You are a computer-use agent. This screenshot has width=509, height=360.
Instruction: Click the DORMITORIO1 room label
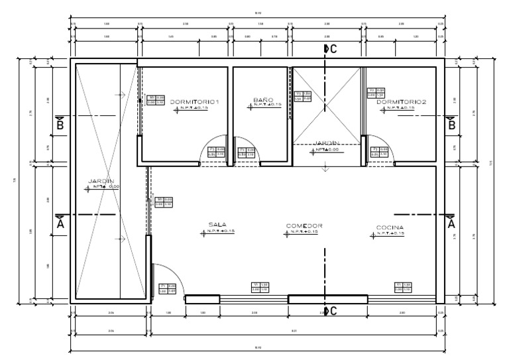[x=194, y=101]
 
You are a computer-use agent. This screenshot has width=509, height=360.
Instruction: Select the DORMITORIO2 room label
[x=401, y=101]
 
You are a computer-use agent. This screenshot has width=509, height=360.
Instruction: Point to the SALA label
[x=217, y=225]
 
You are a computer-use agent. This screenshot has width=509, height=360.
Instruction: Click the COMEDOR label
[x=304, y=226]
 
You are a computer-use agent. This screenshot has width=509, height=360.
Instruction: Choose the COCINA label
[x=390, y=227]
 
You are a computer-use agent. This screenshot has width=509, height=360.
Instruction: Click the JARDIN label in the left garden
[x=101, y=181]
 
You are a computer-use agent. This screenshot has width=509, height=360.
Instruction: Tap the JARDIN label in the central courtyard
[x=327, y=143]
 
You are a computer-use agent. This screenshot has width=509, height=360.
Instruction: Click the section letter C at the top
[x=333, y=48]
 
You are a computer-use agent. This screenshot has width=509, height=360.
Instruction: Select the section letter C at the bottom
[x=333, y=311]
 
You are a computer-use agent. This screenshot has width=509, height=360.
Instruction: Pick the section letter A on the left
[x=60, y=224]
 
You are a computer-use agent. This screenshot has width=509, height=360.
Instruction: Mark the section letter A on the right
[x=452, y=224]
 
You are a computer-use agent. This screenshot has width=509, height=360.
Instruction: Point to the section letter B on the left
[x=60, y=124]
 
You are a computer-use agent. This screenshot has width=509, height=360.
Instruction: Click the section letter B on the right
[x=452, y=124]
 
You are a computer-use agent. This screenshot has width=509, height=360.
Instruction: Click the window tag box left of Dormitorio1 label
[x=155, y=99]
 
